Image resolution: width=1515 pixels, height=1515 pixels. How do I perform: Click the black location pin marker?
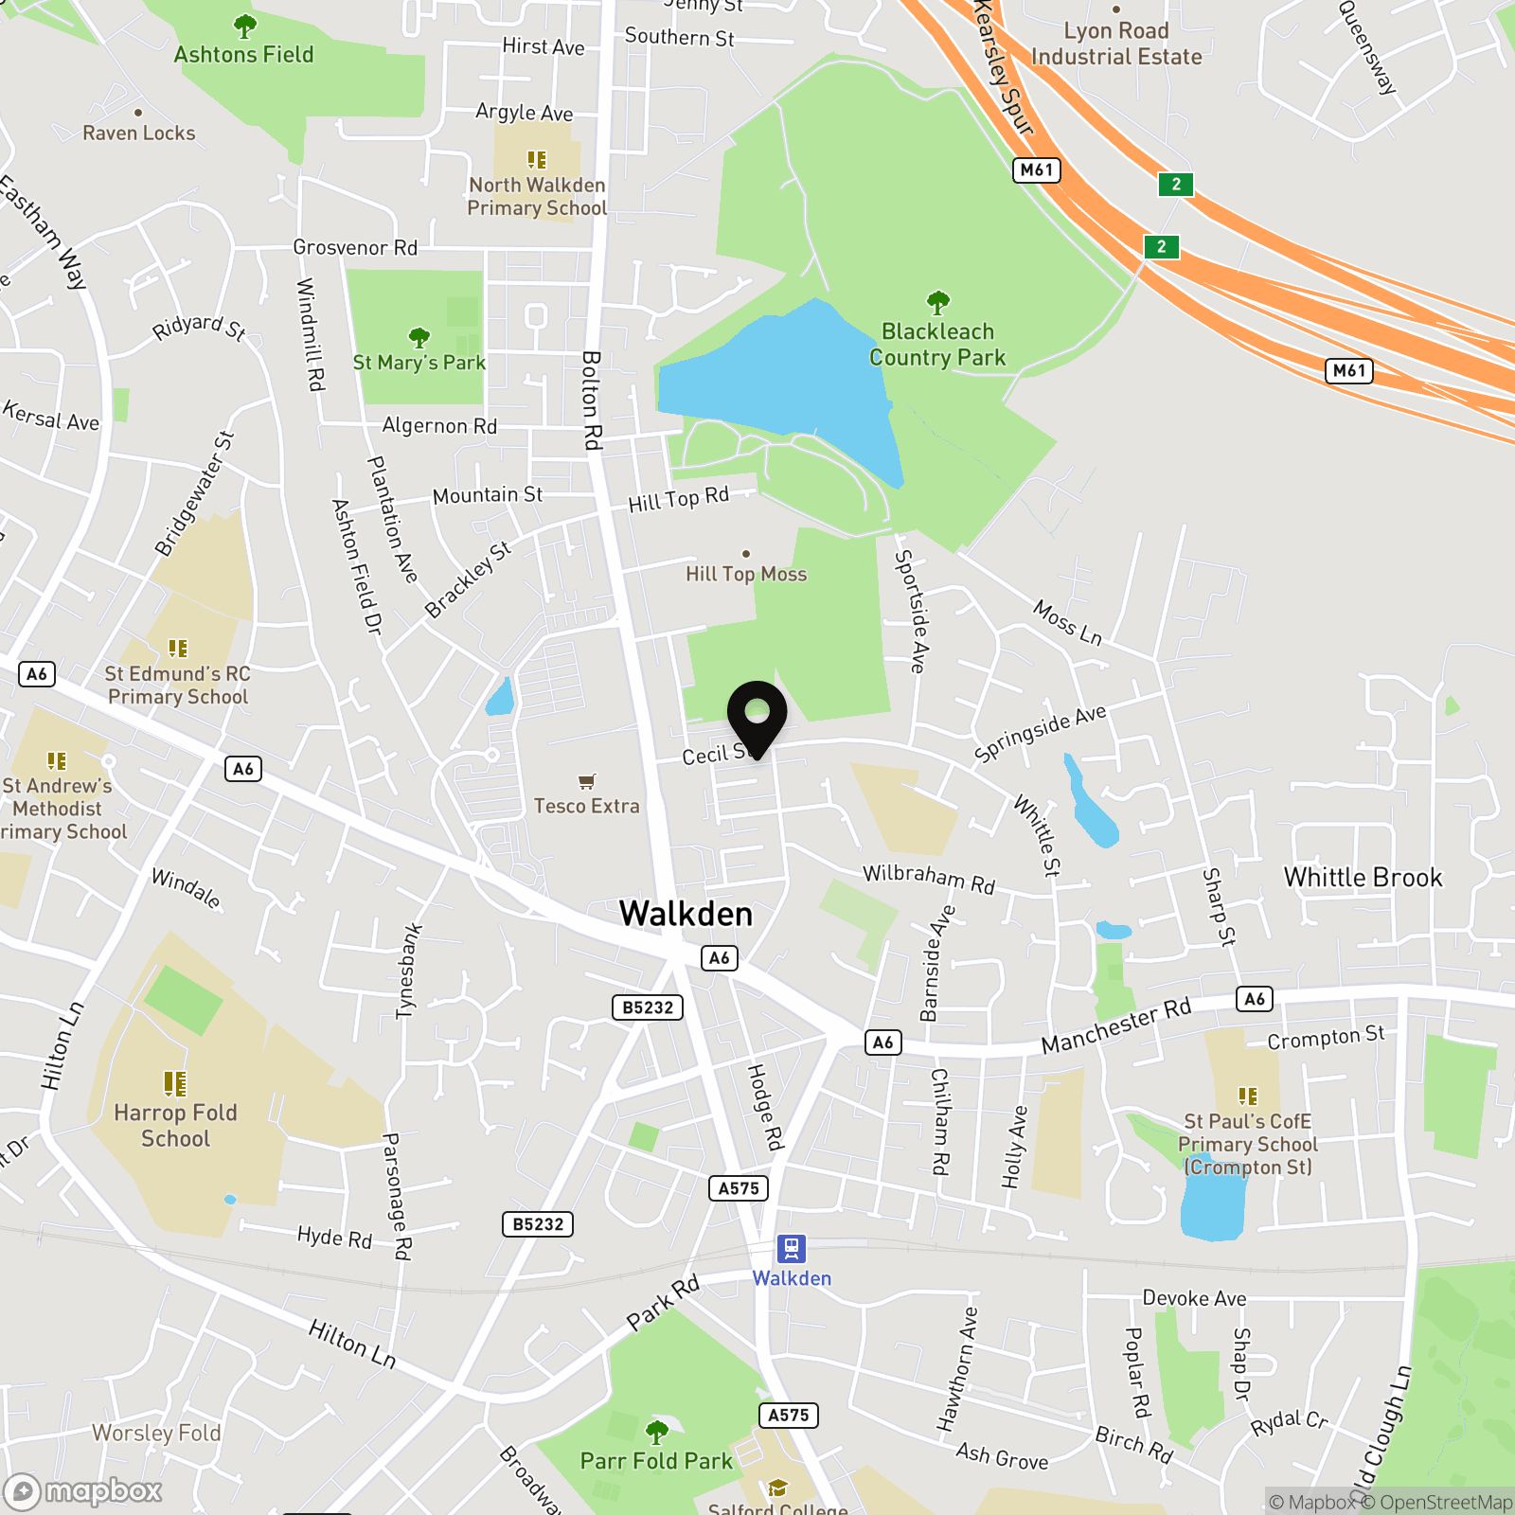pos(757,716)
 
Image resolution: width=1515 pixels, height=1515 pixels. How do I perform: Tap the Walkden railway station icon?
pos(791,1249)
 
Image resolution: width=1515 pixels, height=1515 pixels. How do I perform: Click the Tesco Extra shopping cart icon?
pos(587,781)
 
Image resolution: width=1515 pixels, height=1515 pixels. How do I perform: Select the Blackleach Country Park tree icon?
pos(937,303)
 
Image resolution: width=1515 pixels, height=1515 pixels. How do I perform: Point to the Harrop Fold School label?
pos(175,1125)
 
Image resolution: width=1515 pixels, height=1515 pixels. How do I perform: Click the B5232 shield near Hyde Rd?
pos(538,1224)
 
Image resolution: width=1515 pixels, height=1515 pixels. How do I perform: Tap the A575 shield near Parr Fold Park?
pos(788,1416)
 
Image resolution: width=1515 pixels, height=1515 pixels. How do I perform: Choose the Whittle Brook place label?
pos(1363,878)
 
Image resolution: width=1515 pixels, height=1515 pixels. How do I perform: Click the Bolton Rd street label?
pos(592,400)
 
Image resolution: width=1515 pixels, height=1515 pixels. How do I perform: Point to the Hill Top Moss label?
pos(746,574)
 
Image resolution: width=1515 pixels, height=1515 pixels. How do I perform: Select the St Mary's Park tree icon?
pos(419,338)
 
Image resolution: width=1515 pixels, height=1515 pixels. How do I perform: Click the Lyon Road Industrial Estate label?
pos(1116,44)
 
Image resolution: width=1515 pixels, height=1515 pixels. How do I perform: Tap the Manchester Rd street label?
pos(1116,1025)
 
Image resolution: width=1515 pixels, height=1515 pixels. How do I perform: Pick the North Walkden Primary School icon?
pos(537,160)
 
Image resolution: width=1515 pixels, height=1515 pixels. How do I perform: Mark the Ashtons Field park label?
pos(243,54)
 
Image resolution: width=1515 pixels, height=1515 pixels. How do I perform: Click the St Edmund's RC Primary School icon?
pos(178,649)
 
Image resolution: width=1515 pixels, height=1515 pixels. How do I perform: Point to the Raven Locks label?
pos(139,133)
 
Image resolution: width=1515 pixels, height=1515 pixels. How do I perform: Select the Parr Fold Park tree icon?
pos(656,1431)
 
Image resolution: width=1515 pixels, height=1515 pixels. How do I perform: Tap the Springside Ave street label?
pos(1040,733)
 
